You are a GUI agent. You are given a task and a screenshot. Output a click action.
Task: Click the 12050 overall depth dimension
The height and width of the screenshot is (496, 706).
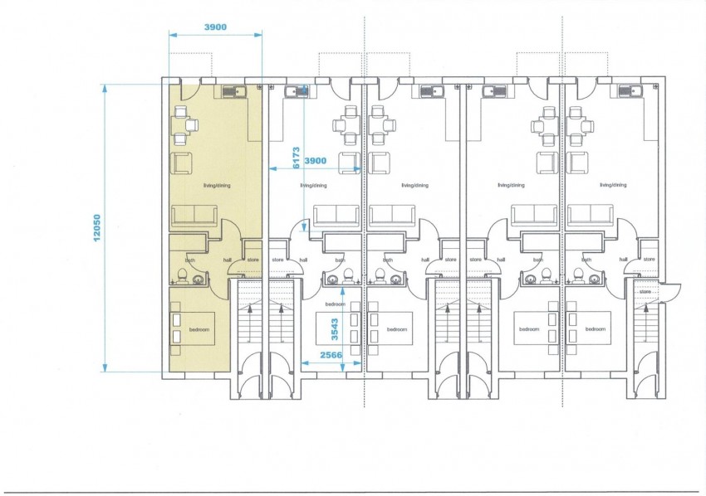pyautogui.click(x=96, y=228)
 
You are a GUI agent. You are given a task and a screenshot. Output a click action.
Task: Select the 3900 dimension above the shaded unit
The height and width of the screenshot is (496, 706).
pyautogui.click(x=215, y=27)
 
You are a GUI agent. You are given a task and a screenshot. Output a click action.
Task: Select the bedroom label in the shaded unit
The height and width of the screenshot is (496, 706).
pyautogui.click(x=199, y=329)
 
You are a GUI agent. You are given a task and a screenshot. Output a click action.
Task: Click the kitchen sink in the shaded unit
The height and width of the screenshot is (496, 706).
pyautogui.click(x=239, y=92)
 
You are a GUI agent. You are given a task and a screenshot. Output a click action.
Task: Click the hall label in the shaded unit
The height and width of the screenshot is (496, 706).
pyautogui.click(x=228, y=260)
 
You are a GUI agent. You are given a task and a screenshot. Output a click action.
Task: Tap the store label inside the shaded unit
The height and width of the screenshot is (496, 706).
pyautogui.click(x=253, y=260)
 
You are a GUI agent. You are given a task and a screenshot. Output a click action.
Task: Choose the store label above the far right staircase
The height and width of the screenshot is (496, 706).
pyautogui.click(x=645, y=291)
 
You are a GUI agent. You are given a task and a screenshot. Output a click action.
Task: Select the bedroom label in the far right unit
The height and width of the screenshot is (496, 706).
pyautogui.click(x=596, y=329)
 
